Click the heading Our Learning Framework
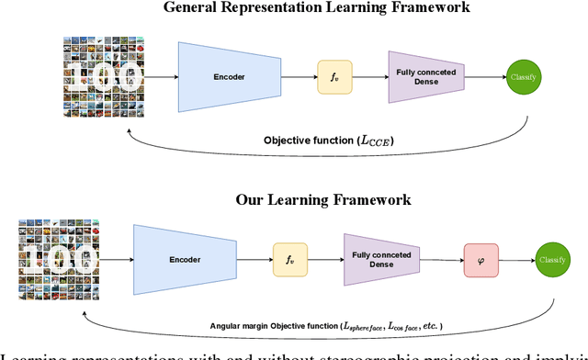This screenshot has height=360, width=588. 322,199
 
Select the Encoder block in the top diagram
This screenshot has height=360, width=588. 229,77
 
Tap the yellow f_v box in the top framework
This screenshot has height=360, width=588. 334,77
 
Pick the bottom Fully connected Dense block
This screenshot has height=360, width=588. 381,261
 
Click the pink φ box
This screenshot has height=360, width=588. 481,261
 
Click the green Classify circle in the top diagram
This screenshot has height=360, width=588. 525,77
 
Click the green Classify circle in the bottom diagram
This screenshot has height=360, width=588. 552,261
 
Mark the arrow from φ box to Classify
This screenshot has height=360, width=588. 516,261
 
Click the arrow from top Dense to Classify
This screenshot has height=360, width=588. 484,77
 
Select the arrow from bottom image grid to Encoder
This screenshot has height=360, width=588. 109,261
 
